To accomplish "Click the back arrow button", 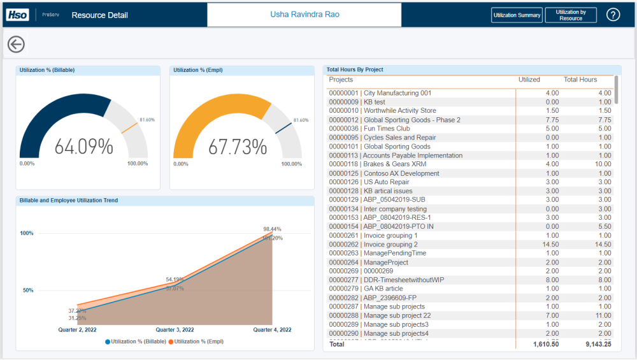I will (x=16, y=44).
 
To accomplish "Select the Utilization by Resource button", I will (x=571, y=15).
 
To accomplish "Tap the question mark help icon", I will (x=613, y=15).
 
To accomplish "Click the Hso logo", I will (x=17, y=15).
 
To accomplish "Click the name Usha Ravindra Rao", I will (x=304, y=14).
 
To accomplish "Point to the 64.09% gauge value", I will (x=83, y=147).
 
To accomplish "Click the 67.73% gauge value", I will (x=238, y=147).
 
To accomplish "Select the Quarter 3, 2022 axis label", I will (x=175, y=330).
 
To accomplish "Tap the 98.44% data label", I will (x=272, y=229).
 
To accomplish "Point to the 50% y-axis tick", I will (x=28, y=291).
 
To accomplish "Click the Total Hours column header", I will (x=580, y=80).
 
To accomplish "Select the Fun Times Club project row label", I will (x=378, y=129).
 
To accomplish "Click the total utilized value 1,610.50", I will (x=546, y=344).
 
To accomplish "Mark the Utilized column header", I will (x=529, y=80).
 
